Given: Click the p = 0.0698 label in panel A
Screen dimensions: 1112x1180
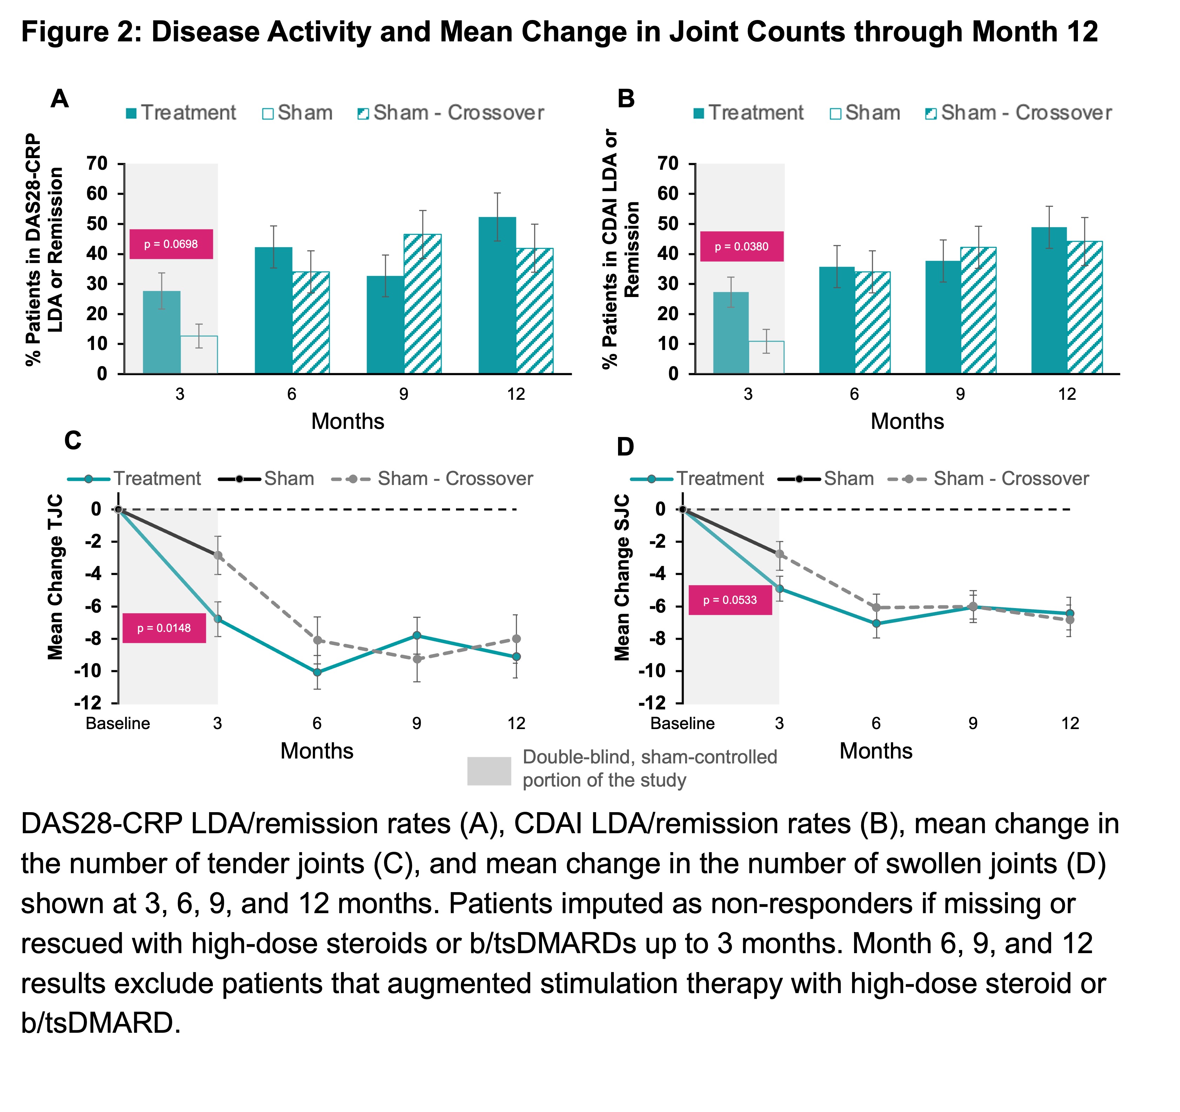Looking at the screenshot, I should pos(171,244).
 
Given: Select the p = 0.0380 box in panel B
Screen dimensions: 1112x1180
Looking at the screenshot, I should pos(741,246).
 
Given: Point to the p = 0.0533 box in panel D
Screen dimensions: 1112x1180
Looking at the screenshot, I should pos(730,600).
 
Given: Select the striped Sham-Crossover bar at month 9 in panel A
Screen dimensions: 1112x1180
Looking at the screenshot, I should pos(423,304).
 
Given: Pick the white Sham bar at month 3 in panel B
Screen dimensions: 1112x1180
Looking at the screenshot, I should pos(766,357).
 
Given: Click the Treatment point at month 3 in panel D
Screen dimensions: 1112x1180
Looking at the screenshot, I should pos(779,589).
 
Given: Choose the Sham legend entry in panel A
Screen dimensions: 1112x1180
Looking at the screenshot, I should pos(297,113).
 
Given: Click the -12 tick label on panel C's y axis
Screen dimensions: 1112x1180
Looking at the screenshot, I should pos(87,703).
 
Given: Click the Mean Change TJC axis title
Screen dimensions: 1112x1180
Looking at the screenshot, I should pos(55,577).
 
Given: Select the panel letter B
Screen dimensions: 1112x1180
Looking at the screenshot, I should pos(626,99).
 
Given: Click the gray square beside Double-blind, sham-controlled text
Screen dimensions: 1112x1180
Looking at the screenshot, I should pos(489,771).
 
